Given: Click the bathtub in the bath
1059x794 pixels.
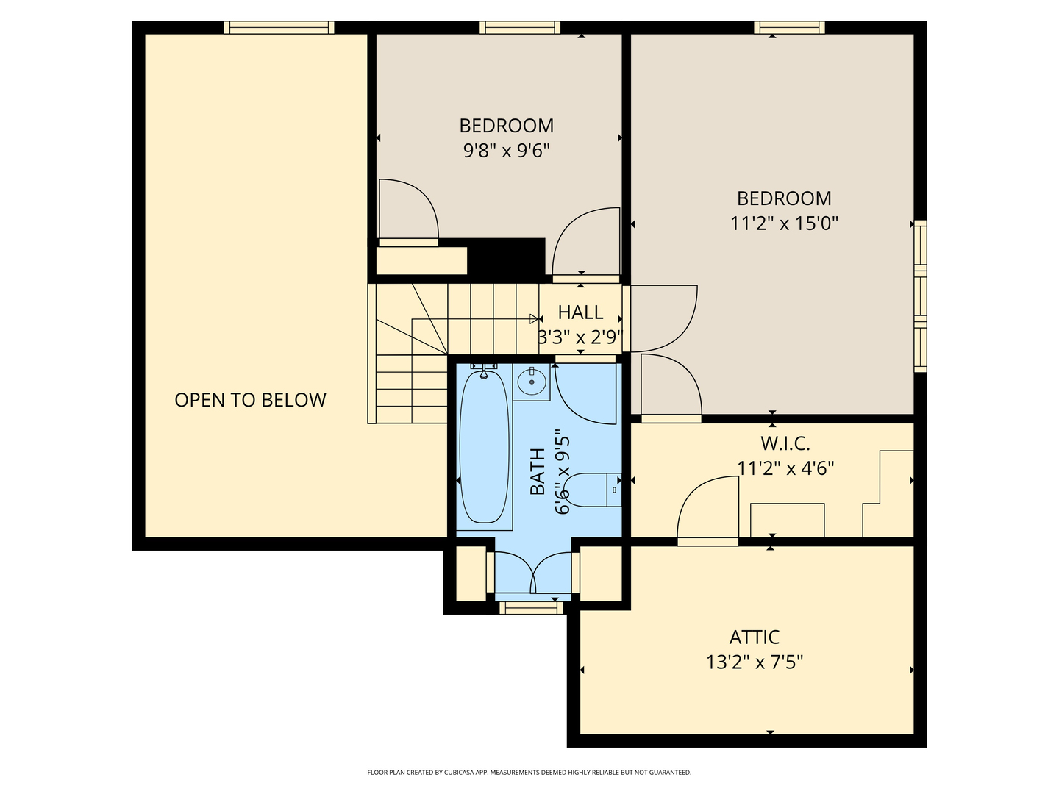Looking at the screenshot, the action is (x=485, y=446).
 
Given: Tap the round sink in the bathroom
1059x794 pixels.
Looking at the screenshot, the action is (x=532, y=382).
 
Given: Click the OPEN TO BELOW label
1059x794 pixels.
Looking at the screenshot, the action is (x=250, y=400).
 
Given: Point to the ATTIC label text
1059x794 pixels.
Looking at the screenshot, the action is (x=754, y=637).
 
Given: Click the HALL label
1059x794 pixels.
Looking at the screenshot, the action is (x=580, y=312).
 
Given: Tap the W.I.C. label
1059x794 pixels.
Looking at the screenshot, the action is (x=785, y=443).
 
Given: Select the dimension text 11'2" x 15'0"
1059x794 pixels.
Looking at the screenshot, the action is (x=784, y=223).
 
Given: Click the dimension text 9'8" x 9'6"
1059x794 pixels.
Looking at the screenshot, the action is (x=507, y=151).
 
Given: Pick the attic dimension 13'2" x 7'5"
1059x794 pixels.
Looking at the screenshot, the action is (x=755, y=662).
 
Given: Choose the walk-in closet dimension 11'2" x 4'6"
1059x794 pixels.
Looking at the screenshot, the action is (x=785, y=468).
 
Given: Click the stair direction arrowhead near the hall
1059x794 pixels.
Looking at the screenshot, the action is (x=534, y=318).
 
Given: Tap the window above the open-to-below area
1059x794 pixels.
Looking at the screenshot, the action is (x=279, y=27).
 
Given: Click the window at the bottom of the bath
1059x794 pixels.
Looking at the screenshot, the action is (x=531, y=607).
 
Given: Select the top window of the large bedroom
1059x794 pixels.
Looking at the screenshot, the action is (x=789, y=27).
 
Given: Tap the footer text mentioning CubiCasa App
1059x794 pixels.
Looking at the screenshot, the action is (x=529, y=772).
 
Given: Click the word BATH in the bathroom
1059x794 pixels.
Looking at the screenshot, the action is (x=537, y=471).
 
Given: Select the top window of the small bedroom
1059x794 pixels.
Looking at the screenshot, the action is (x=520, y=27).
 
